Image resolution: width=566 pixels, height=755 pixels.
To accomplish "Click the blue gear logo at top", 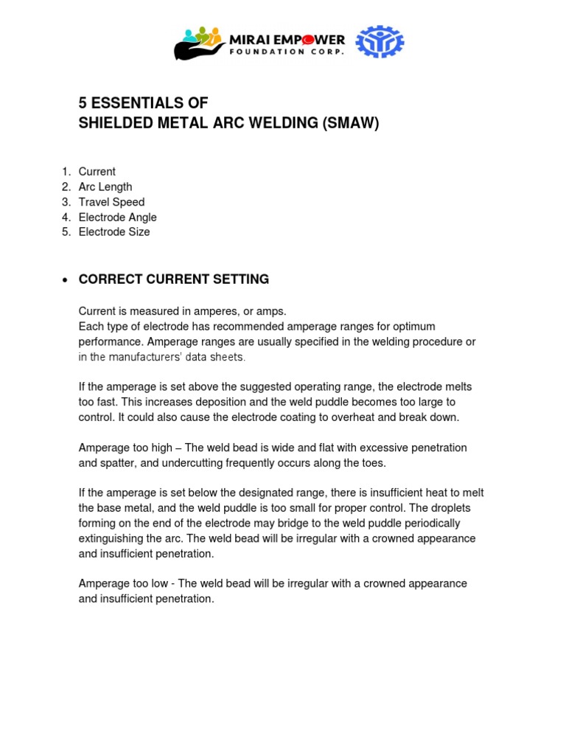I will (380, 42).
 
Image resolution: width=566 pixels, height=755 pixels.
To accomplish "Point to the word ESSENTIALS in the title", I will (141, 102).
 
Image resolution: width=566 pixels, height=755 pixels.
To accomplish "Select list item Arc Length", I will (105, 187).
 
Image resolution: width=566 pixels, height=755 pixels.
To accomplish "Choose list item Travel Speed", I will (111, 202).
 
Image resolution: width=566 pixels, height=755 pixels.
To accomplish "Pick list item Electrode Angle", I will (117, 218).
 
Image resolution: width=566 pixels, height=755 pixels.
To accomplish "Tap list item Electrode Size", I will (114, 232).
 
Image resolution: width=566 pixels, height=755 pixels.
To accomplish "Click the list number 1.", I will (66, 172).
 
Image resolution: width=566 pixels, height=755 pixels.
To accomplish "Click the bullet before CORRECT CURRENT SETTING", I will (66, 280).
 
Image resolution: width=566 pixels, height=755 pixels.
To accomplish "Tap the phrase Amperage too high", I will (122, 448).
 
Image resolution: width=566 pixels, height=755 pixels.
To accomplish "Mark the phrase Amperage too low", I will (120, 583).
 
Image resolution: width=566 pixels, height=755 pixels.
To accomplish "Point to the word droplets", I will (450, 508).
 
